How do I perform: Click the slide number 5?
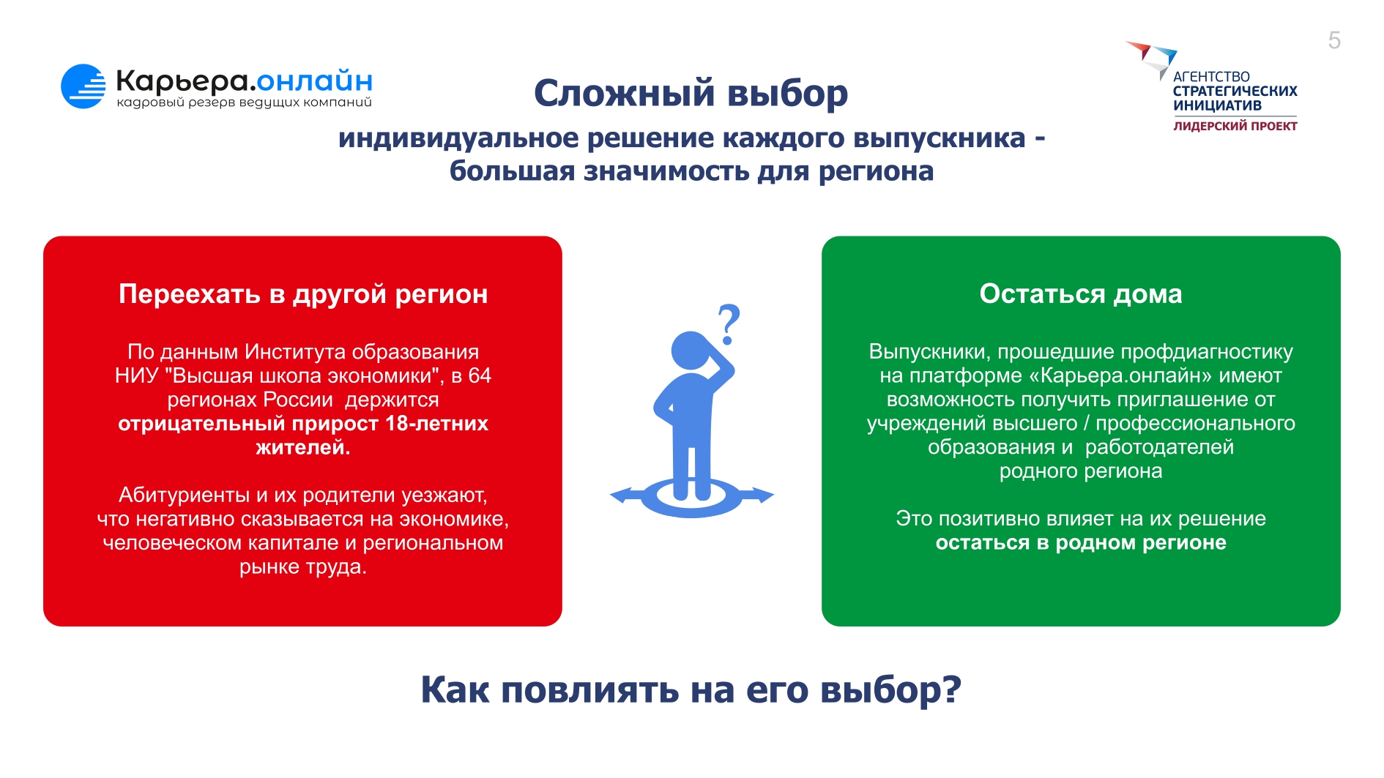click(1334, 40)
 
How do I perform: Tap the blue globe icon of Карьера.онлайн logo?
click(83, 86)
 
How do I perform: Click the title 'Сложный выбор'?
click(691, 93)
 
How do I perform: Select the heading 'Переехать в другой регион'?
click(303, 293)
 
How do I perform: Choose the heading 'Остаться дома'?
click(1081, 293)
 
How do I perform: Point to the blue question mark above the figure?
click(729, 324)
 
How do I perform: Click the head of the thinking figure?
click(690, 351)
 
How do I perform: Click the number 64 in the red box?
click(480, 375)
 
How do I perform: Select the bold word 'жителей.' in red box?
click(303, 447)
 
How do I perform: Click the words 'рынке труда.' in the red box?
click(303, 567)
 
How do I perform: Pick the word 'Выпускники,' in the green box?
click(930, 352)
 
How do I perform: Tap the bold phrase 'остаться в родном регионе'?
click(1081, 543)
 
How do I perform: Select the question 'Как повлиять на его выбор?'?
click(691, 690)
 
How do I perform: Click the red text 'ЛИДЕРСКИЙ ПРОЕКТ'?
click(1235, 126)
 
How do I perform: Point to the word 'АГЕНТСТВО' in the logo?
click(1211, 77)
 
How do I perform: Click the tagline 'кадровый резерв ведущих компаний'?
click(245, 102)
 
